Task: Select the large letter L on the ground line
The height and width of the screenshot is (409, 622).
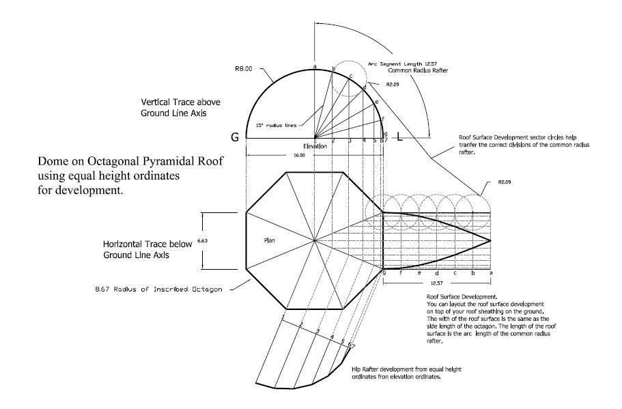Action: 401,138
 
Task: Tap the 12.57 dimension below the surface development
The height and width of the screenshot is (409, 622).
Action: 436,281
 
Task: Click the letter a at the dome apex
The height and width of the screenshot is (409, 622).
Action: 315,66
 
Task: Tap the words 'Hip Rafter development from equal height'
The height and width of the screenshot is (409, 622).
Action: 408,369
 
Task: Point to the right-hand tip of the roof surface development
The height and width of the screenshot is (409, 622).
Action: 491,240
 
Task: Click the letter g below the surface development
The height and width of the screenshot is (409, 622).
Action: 384,272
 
